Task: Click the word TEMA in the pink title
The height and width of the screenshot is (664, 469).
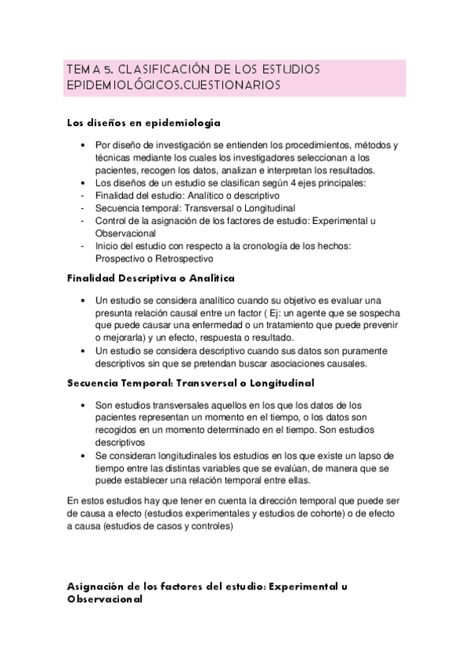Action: [x=81, y=70]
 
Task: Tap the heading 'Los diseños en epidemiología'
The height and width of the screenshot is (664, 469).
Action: [x=143, y=123]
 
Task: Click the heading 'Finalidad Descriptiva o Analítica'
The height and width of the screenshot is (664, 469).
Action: [x=151, y=278]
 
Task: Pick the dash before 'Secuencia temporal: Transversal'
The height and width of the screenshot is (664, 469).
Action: [x=83, y=209]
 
